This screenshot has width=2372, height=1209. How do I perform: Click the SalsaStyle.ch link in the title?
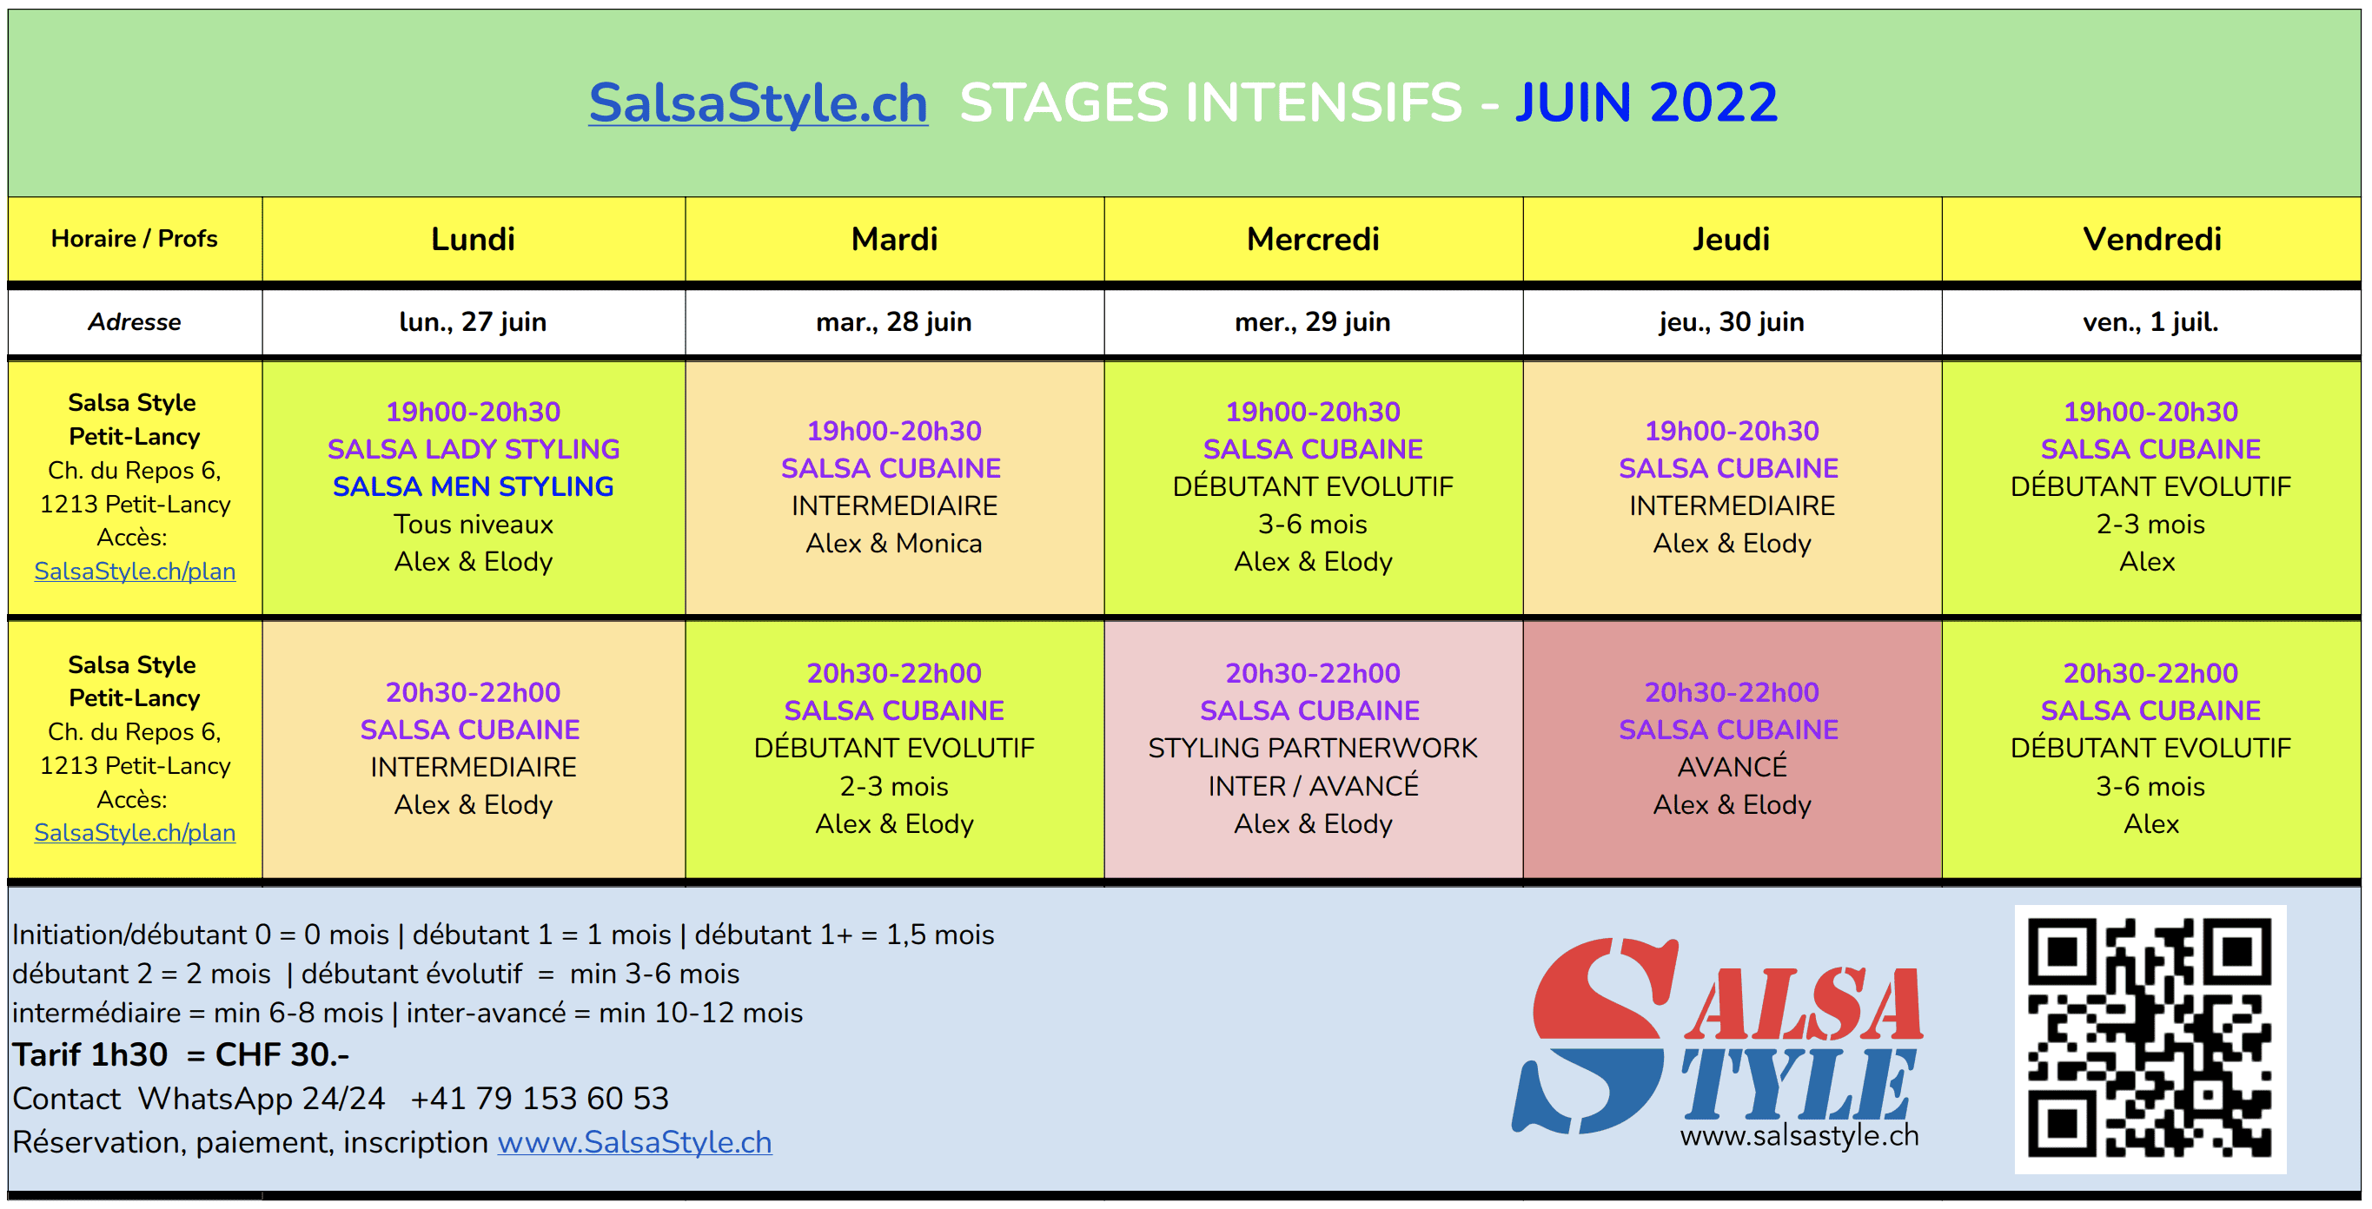point(758,102)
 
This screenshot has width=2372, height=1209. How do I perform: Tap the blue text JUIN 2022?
point(1646,102)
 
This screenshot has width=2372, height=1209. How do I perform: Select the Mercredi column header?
point(1313,240)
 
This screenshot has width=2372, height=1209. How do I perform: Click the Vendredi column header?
point(2152,240)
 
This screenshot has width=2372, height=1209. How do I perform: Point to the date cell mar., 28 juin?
point(894,322)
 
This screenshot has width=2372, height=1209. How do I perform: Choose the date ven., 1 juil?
point(2151,322)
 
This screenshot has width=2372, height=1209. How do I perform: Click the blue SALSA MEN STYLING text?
point(474,486)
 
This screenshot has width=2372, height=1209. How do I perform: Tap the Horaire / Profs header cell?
point(135,239)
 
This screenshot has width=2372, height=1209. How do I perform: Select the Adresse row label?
point(135,322)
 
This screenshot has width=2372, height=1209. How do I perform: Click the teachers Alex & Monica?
point(894,543)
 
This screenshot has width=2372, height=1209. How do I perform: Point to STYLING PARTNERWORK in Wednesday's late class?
point(1313,749)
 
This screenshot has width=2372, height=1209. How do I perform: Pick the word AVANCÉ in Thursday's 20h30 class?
point(1732,767)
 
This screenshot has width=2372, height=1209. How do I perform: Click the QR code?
point(2150,1039)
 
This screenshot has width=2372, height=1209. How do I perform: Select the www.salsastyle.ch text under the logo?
point(1799,1136)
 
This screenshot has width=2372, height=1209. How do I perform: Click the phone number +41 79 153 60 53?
point(540,1099)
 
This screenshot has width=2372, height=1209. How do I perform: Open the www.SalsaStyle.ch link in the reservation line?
point(634,1143)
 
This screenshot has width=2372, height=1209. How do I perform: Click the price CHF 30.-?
point(282,1055)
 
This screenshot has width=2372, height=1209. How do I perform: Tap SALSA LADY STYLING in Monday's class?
point(474,449)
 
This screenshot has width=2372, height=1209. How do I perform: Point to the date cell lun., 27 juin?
point(474,322)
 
